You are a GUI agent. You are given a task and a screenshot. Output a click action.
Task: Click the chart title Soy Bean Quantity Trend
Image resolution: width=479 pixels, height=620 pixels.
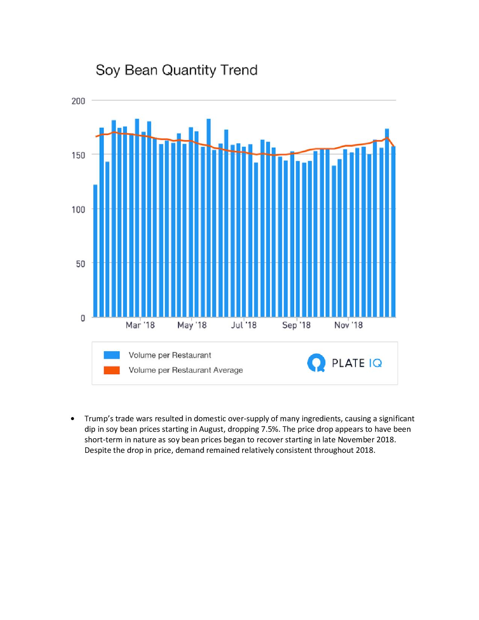[177, 70]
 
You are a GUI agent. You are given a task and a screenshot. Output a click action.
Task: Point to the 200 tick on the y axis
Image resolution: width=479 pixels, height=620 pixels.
[79, 101]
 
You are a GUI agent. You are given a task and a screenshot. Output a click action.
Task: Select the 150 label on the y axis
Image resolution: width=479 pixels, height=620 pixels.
[79, 155]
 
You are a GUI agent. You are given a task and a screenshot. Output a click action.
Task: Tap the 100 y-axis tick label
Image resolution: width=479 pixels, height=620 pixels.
[79, 209]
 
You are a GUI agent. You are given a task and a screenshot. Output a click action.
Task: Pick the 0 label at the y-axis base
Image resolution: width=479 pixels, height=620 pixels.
[83, 318]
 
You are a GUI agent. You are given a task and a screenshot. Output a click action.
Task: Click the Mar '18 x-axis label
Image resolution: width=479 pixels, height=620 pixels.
[140, 325]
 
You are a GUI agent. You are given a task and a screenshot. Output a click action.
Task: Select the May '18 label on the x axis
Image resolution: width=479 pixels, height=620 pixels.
[192, 325]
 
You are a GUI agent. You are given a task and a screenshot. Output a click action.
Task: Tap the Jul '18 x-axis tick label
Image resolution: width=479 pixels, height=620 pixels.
[244, 325]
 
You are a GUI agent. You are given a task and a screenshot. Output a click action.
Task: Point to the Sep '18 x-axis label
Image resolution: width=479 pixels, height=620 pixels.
[296, 325]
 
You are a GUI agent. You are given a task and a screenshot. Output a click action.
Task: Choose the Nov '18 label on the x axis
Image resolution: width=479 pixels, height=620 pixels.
[348, 325]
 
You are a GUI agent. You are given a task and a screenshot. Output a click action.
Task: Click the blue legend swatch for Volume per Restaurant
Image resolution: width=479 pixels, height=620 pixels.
[112, 355]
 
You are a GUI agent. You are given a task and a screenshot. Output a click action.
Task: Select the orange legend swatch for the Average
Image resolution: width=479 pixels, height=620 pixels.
[112, 370]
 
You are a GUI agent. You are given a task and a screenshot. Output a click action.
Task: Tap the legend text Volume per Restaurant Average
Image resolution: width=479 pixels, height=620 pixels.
[186, 370]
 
